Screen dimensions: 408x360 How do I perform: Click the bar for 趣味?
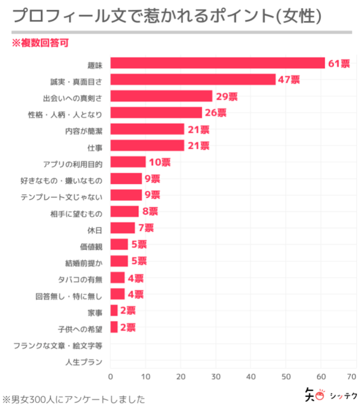coord(217,63)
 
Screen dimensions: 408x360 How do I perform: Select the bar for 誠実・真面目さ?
coord(192,79)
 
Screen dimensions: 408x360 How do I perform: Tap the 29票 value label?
coord(227,96)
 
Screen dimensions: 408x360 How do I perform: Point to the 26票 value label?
coord(215,113)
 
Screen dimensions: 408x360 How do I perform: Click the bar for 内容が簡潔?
coord(147,129)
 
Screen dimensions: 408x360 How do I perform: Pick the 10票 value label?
coord(159,162)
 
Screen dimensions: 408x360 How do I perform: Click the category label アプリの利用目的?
coord(73,163)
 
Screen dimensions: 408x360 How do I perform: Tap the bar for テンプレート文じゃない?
coord(126,195)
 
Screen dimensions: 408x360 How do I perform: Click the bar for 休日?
coord(123,228)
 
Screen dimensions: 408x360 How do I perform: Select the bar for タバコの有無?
coord(117,277)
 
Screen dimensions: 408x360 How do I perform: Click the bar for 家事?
coord(114,310)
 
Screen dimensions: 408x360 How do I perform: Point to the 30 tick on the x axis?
coord(216,376)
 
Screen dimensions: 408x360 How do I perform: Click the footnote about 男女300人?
coord(74,399)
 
